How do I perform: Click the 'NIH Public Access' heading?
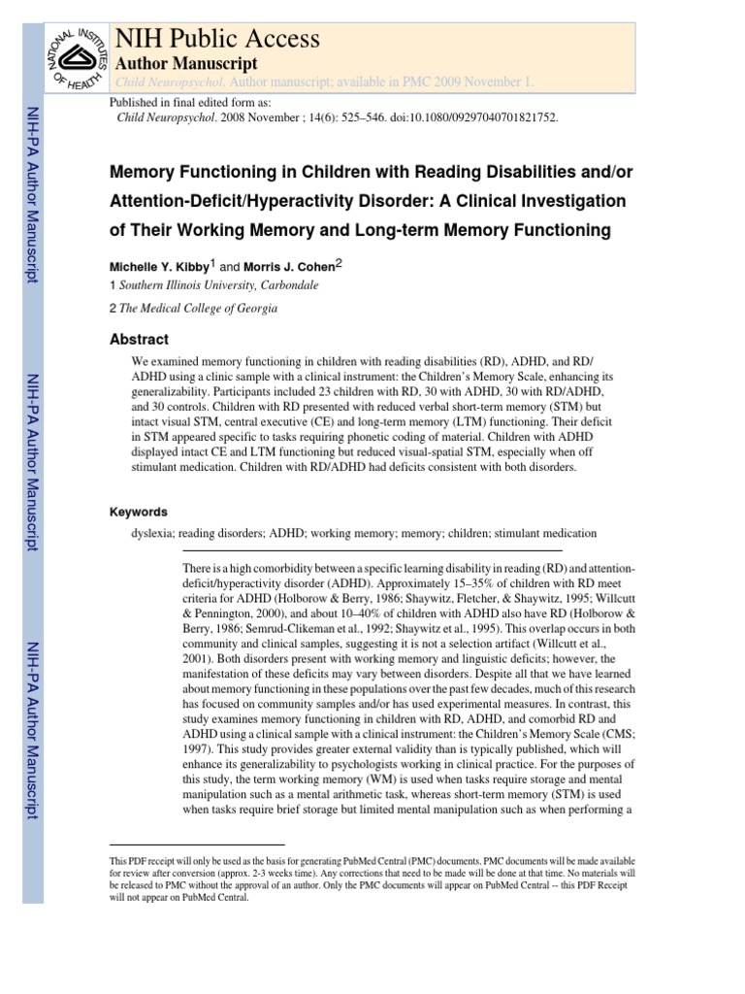pyautogui.click(x=216, y=39)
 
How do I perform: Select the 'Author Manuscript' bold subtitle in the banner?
pyautogui.click(x=186, y=63)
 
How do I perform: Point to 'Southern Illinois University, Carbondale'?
pyautogui.click(x=217, y=286)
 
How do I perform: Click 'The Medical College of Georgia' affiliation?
pyautogui.click(x=198, y=309)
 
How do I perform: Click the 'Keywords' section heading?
pyautogui.click(x=139, y=512)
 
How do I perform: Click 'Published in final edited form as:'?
pyautogui.click(x=190, y=102)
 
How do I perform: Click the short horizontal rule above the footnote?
pyautogui.click(x=197, y=845)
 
